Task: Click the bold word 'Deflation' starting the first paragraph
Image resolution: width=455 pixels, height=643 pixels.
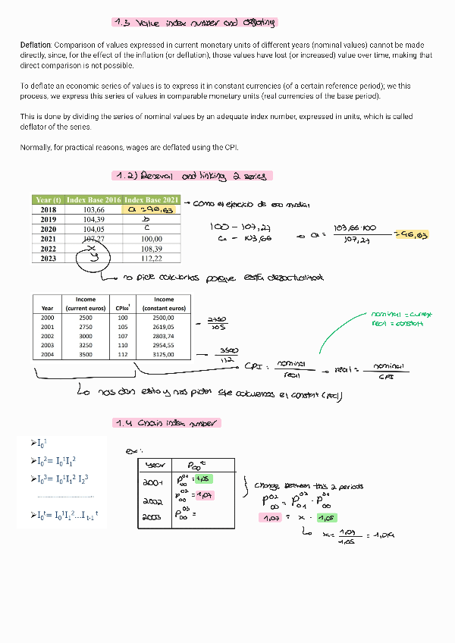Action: pyautogui.click(x=36, y=46)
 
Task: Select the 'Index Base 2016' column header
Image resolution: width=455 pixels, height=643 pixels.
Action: pyautogui.click(x=93, y=199)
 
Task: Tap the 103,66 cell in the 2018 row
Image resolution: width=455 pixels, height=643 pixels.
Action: pyautogui.click(x=93, y=209)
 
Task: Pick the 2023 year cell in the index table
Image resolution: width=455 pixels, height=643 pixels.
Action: pyautogui.click(x=48, y=259)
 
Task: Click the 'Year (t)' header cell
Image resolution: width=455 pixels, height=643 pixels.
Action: pyautogui.click(x=48, y=199)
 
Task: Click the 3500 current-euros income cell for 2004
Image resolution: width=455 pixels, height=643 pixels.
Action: pyautogui.click(x=86, y=353)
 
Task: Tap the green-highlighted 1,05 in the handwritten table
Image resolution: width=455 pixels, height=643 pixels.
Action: pyautogui.click(x=202, y=478)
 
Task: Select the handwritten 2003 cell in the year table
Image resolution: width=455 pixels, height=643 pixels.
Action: pyautogui.click(x=154, y=519)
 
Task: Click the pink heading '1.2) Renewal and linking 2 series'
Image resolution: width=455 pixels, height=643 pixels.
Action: pyautogui.click(x=193, y=176)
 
